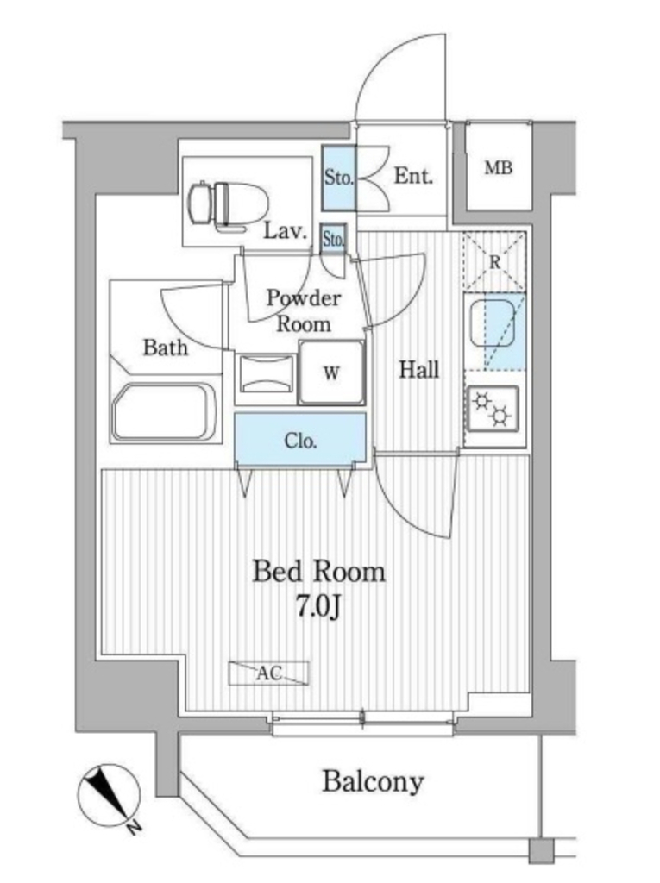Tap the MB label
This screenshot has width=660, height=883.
point(498,169)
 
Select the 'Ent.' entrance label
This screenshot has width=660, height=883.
point(413,177)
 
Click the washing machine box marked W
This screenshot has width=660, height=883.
point(330,373)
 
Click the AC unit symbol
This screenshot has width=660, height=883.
point(268,673)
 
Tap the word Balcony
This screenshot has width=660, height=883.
point(373,782)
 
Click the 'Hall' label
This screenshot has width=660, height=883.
point(418,370)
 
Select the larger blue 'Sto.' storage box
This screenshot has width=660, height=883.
point(339,178)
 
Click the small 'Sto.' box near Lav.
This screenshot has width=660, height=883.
point(334,238)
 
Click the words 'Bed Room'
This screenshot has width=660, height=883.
point(318,571)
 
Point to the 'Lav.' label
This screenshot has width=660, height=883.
point(286,231)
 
